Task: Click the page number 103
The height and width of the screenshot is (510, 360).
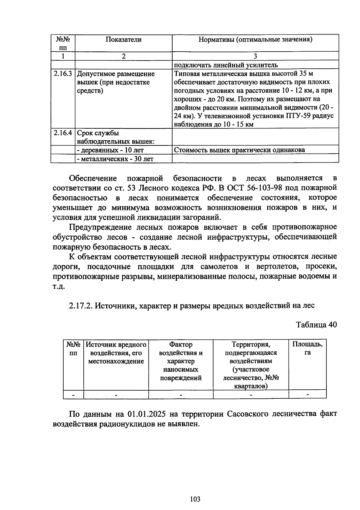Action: [x=195, y=499]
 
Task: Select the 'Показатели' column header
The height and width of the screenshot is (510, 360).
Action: [x=123, y=40]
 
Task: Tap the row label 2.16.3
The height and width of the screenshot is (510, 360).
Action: [x=63, y=74]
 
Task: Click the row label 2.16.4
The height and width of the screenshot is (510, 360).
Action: [x=63, y=133]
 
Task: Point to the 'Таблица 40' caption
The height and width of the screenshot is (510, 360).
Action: [x=316, y=325]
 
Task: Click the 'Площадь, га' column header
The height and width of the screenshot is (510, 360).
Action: [x=307, y=348]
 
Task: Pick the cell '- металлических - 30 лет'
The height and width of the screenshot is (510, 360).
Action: [x=115, y=158]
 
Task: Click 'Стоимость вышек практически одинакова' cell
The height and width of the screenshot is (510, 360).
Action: [x=239, y=150]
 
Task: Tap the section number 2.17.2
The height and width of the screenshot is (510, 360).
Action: [x=80, y=306]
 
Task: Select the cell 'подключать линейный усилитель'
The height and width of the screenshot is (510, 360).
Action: [x=226, y=65]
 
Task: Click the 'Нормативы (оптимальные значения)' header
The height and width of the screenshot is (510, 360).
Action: [x=255, y=40]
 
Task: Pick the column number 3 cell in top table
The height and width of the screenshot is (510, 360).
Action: [x=255, y=56]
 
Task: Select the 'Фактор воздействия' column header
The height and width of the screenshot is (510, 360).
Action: [x=181, y=361]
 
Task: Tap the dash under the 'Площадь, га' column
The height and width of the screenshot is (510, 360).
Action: [x=307, y=394]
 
